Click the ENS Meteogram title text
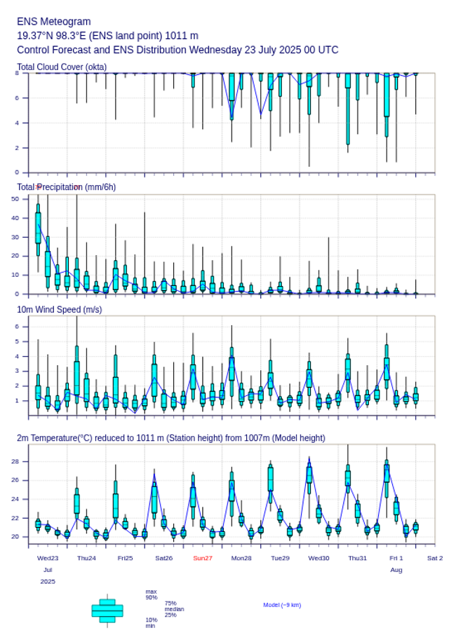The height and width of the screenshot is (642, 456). click(54, 22)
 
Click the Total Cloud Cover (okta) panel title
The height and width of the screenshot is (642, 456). click(62, 67)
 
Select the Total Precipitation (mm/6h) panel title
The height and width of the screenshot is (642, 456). click(67, 187)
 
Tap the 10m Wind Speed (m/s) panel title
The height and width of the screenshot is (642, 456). click(59, 309)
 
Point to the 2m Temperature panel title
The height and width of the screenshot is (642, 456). click(170, 438)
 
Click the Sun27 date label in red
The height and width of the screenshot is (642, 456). click(203, 558)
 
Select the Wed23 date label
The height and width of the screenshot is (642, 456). click(48, 558)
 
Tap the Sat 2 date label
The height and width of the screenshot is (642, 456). click(435, 558)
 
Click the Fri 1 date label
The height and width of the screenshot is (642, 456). click(396, 558)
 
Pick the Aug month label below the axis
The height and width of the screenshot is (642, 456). click(396, 570)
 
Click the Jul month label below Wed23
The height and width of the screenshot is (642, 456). click(48, 570)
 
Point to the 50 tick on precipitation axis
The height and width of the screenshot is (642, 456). click(15, 199)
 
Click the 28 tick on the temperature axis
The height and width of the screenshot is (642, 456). click(15, 461)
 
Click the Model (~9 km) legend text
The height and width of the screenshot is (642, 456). click(282, 605)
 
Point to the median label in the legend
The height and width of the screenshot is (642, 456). click(174, 609)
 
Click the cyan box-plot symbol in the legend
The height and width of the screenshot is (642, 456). click(107, 610)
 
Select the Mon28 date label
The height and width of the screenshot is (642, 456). click(241, 558)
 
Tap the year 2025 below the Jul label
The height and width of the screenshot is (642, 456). click(48, 582)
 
